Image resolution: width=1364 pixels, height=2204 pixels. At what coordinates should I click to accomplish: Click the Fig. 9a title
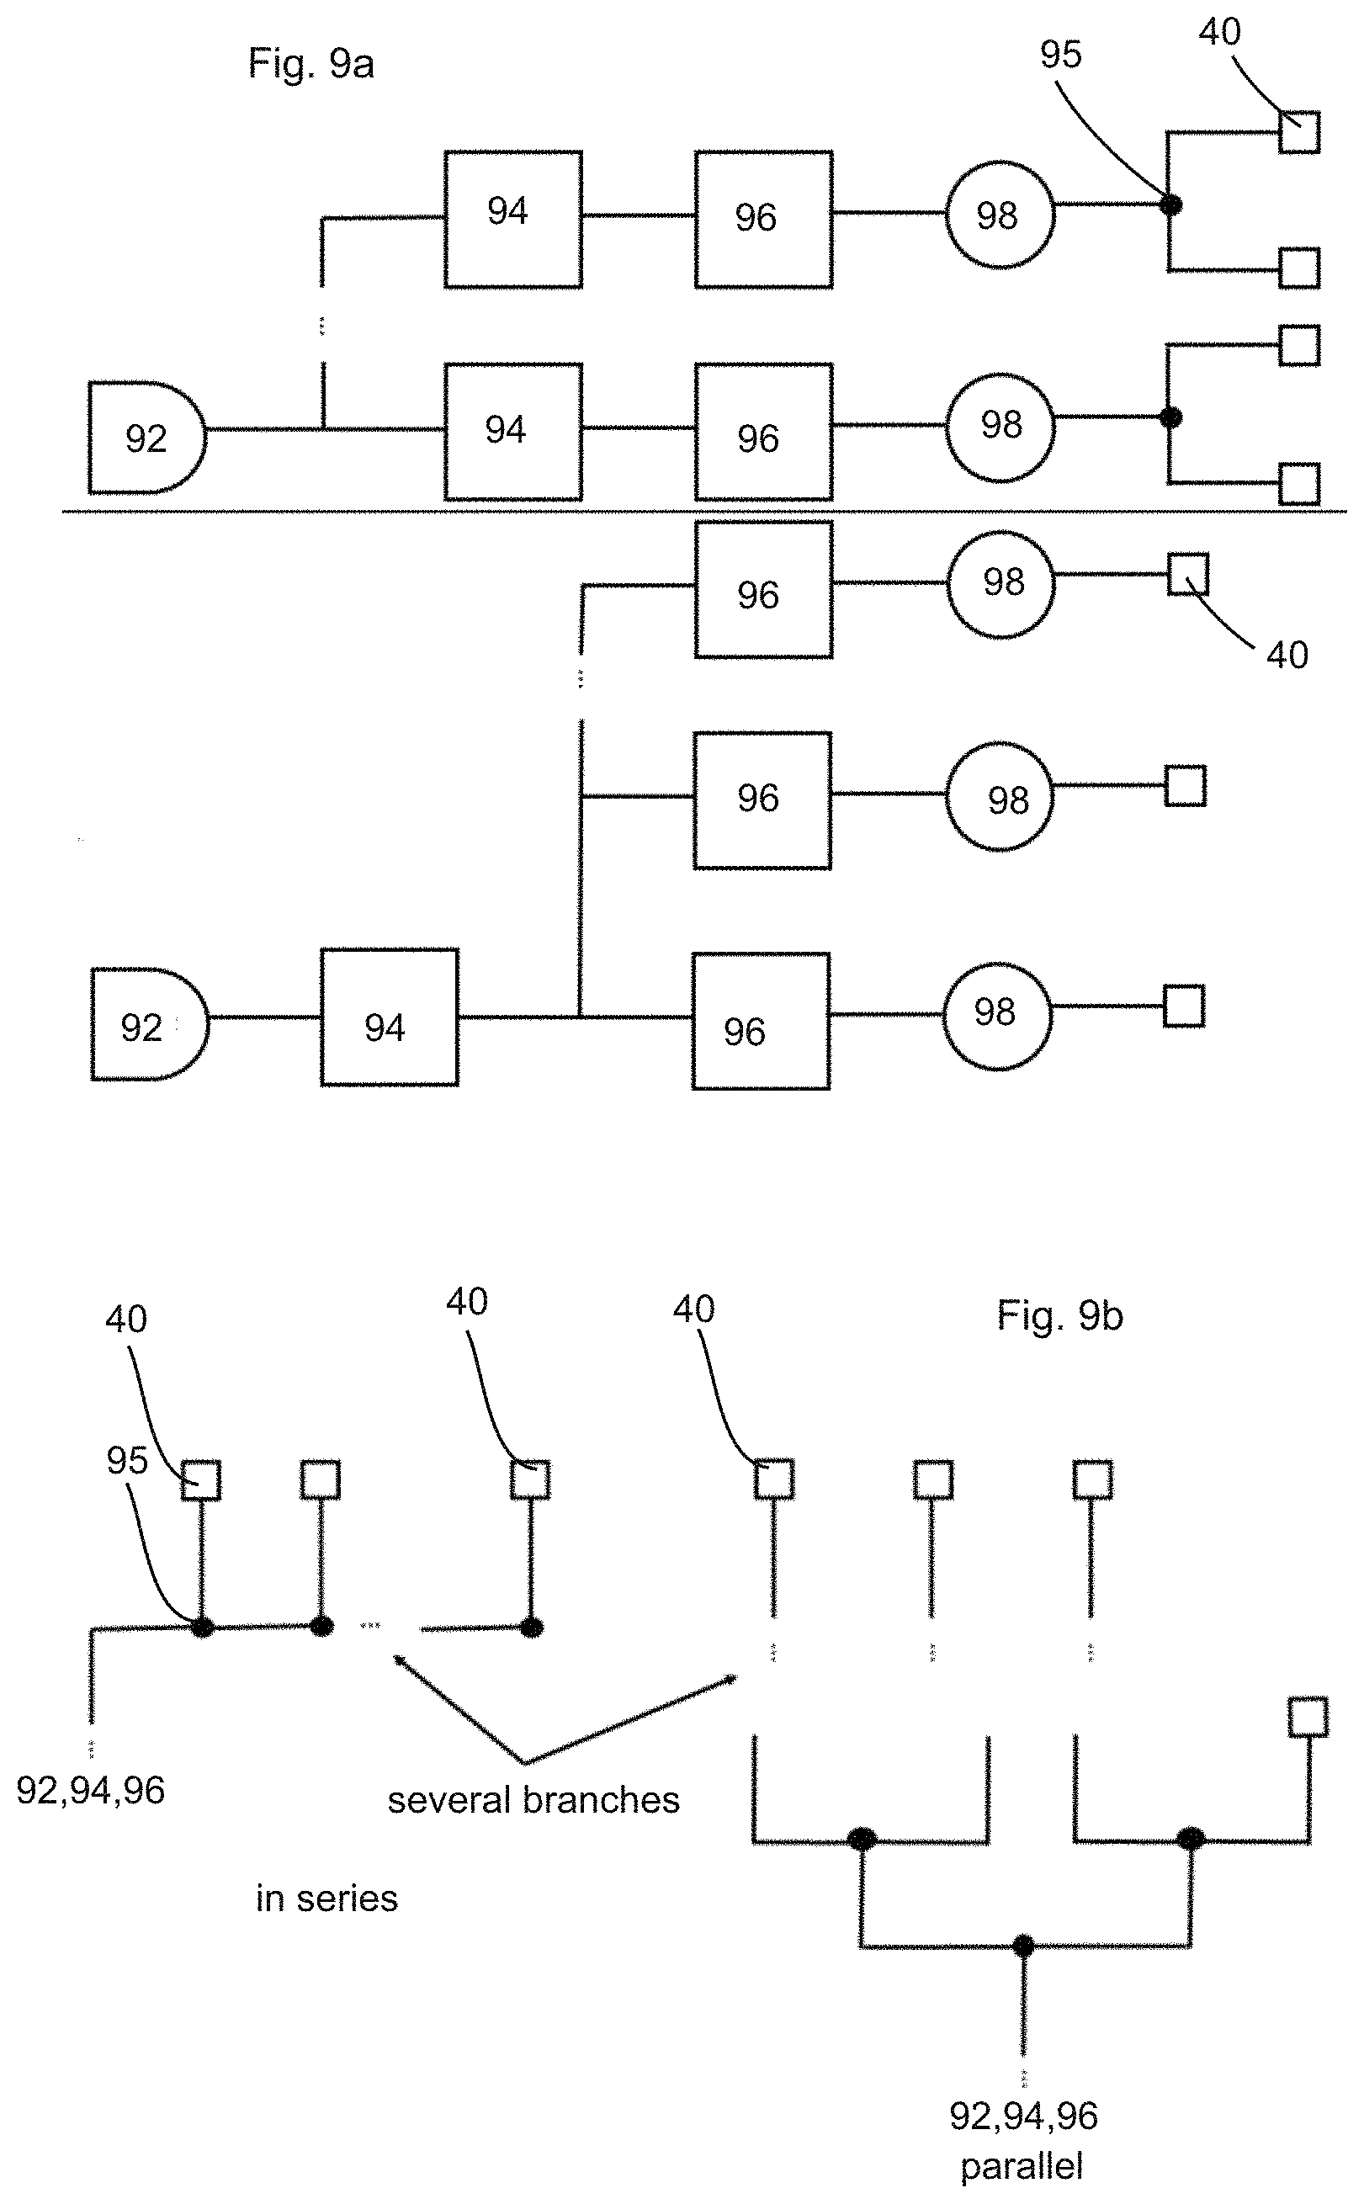pyautogui.click(x=311, y=64)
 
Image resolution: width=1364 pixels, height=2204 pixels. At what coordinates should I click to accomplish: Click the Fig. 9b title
pyautogui.click(x=1060, y=1315)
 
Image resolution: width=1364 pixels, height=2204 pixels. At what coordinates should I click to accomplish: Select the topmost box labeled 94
pyautogui.click(x=512, y=220)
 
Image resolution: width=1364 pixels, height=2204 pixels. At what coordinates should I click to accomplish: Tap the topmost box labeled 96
pyautogui.click(x=763, y=220)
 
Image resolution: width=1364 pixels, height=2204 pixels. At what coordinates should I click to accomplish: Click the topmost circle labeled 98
pyautogui.click(x=1000, y=215)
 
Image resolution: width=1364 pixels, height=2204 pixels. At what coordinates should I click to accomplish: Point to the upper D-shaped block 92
pyautogui.click(x=147, y=438)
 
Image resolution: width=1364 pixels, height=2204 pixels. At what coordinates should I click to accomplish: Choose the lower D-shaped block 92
pyautogui.click(x=150, y=1024)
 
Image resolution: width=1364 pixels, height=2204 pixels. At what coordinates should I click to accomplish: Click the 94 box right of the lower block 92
pyautogui.click(x=389, y=1017)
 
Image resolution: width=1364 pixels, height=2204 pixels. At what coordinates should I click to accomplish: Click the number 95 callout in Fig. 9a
pyautogui.click(x=1060, y=55)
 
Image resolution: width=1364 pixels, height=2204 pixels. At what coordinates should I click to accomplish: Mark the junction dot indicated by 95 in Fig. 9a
pyautogui.click(x=1170, y=204)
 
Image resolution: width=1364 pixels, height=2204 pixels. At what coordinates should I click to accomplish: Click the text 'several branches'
pyautogui.click(x=533, y=1800)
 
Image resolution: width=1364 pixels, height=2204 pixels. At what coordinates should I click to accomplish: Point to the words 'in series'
pyautogui.click(x=326, y=1899)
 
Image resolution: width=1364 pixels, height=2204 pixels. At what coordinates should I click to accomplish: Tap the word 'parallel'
pyautogui.click(x=1022, y=2166)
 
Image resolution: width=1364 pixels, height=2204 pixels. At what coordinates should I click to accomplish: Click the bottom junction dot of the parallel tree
pyautogui.click(x=1022, y=1946)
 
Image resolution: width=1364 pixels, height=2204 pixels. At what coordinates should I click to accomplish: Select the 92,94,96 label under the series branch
pyautogui.click(x=90, y=1791)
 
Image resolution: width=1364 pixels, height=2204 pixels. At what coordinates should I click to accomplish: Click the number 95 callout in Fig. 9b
pyautogui.click(x=126, y=1461)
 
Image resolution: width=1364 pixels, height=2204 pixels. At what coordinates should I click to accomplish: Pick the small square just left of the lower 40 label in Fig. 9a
pyautogui.click(x=1188, y=575)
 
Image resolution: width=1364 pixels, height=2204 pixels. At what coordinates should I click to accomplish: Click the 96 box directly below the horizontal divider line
pyautogui.click(x=763, y=589)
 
